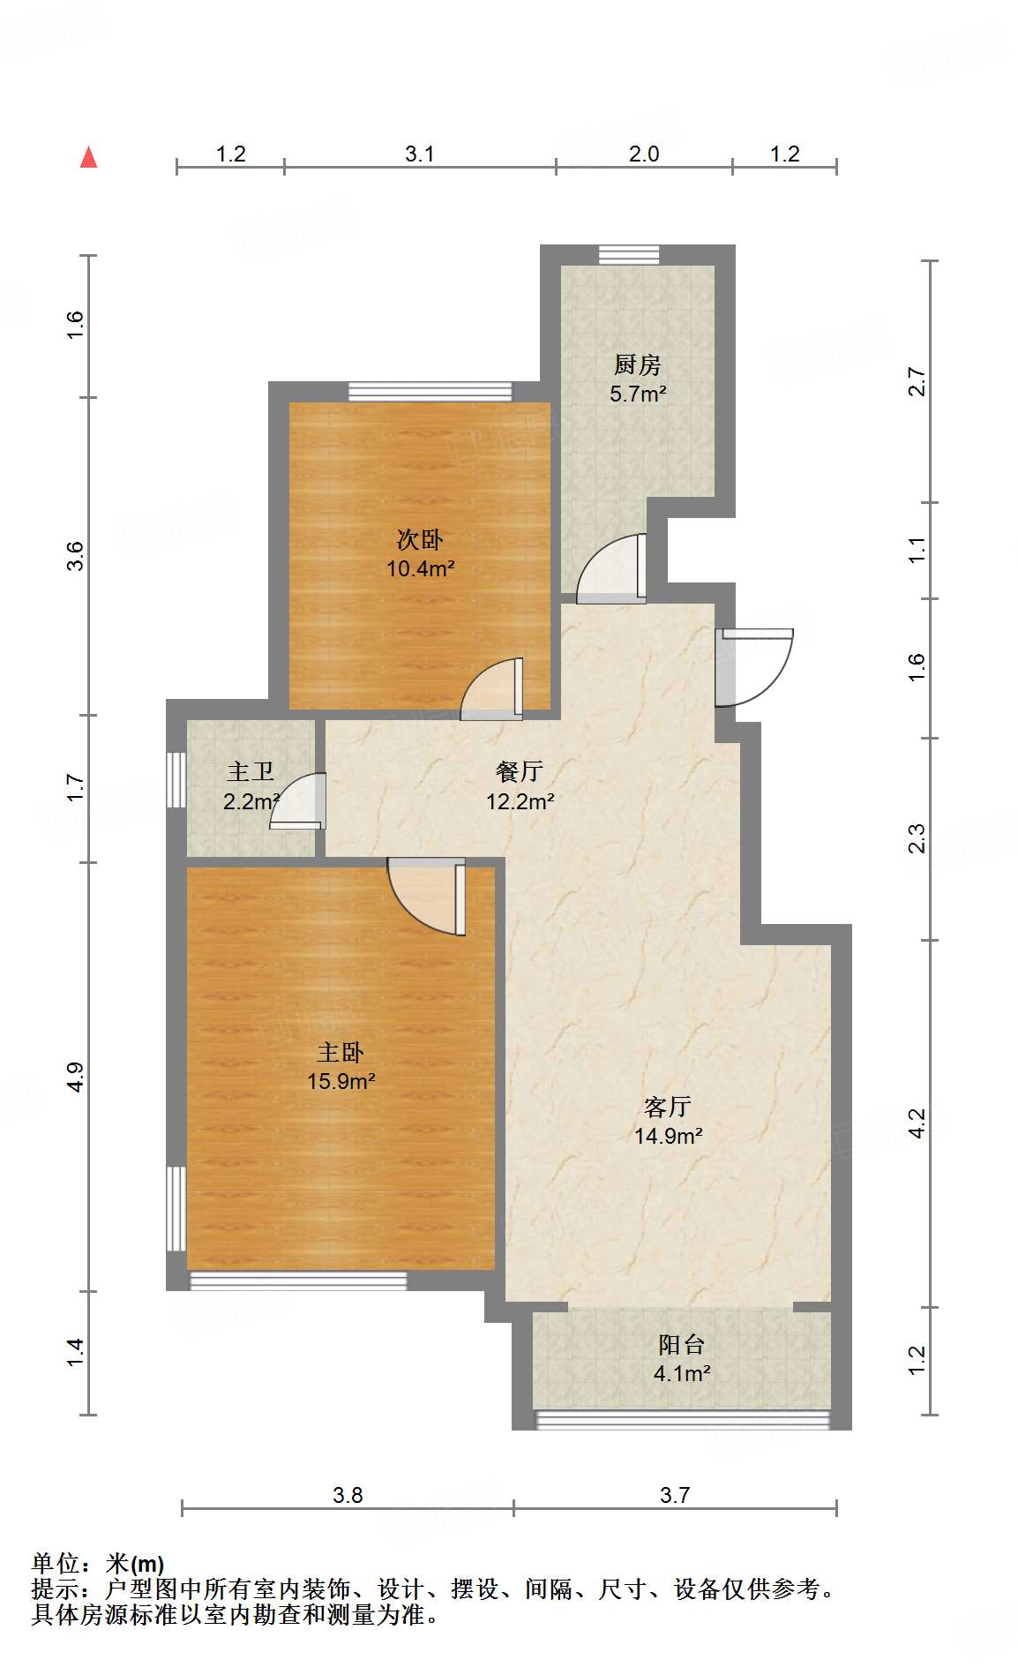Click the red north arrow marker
click(88, 157)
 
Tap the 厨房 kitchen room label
click(637, 364)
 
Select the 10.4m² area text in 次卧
click(420, 569)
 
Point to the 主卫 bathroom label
click(251, 772)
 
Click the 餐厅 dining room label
click(519, 771)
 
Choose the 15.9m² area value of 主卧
click(341, 1081)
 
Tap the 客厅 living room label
click(668, 1107)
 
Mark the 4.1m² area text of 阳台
click(682, 1373)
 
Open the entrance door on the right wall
click(755, 666)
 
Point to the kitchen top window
click(628, 254)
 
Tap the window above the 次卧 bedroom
click(430, 391)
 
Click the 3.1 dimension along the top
click(420, 154)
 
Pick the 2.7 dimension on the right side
click(917, 381)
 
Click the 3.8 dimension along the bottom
click(348, 1495)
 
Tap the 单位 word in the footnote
click(56, 1564)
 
